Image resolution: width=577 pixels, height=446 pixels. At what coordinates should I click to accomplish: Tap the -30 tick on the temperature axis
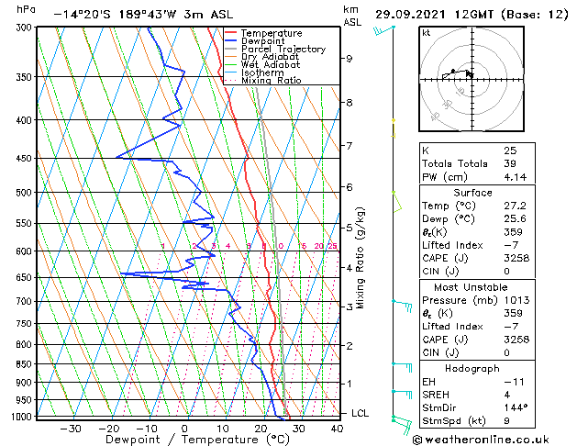[x=71, y=428]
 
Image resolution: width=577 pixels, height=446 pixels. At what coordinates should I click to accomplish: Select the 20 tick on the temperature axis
[x=261, y=428]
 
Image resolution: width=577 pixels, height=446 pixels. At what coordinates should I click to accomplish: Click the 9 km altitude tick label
[x=350, y=59]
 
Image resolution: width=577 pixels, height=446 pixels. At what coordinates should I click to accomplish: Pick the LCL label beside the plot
[x=361, y=413]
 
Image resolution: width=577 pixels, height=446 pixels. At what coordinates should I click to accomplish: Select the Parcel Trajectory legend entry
[x=283, y=50]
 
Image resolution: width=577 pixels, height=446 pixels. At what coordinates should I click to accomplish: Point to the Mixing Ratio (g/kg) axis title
[x=361, y=258]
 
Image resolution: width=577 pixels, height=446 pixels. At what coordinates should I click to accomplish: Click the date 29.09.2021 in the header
[x=416, y=15]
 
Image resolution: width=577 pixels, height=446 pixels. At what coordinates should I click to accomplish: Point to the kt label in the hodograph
[x=427, y=33]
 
